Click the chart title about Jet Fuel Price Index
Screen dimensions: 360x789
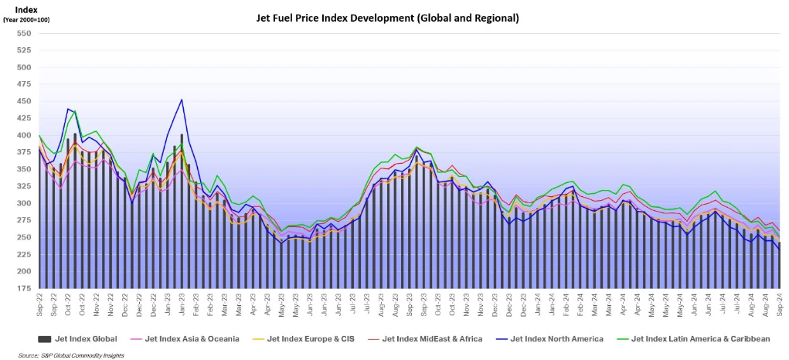click(x=387, y=17)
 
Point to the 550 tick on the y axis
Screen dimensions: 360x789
click(x=23, y=33)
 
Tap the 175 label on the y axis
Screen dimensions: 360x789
click(x=23, y=288)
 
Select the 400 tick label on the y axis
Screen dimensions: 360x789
click(x=23, y=135)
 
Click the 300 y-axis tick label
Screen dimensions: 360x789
click(x=23, y=203)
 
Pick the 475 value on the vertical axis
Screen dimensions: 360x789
click(x=23, y=84)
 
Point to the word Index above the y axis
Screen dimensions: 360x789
click(x=27, y=9)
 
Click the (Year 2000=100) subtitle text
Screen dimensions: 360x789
click(x=27, y=19)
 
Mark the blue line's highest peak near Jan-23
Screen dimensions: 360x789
click(x=181, y=100)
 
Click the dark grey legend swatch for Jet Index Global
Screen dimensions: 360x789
click(x=45, y=338)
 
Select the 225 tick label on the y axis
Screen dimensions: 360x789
click(x=23, y=254)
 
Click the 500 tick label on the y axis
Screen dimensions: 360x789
click(x=23, y=67)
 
